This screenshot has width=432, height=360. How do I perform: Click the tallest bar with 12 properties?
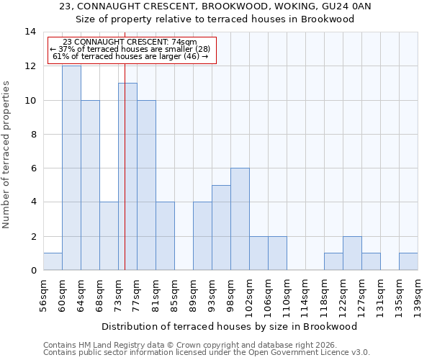click(x=71, y=168)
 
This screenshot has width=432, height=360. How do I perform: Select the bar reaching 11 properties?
click(x=127, y=176)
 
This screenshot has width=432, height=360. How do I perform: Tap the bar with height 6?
click(x=240, y=219)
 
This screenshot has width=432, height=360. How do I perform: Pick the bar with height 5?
click(x=221, y=228)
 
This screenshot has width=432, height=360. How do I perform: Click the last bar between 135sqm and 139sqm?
click(x=408, y=261)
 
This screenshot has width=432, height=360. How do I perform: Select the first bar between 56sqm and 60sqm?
click(x=53, y=261)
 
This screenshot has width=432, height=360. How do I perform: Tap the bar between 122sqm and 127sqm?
click(x=352, y=253)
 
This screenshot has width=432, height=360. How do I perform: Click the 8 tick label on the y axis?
click(x=32, y=134)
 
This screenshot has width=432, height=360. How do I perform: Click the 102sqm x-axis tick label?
click(x=249, y=293)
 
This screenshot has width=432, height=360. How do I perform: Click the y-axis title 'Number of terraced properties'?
click(x=7, y=155)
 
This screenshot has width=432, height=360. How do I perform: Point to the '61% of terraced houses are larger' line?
click(x=130, y=56)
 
